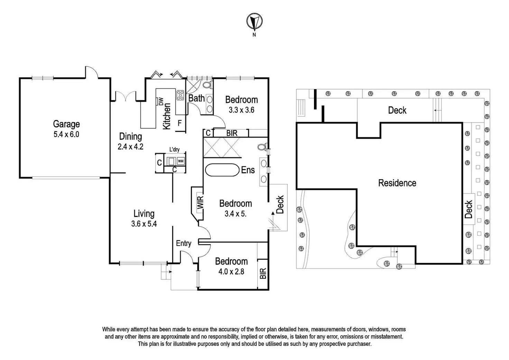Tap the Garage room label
(66, 124)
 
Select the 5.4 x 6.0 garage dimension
(66, 134)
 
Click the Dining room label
(131, 136)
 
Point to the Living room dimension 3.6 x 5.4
(144, 224)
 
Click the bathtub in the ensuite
(222, 170)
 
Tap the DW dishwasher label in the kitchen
(161, 101)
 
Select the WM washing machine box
(181, 161)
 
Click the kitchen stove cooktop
(181, 95)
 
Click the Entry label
(184, 243)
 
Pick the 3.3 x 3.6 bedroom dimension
(241, 110)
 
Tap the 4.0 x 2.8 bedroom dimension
(231, 272)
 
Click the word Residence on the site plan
(397, 183)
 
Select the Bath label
(196, 98)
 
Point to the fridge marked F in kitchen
(179, 123)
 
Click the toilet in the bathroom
(207, 85)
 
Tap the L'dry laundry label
(174, 150)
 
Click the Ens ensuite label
(248, 170)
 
